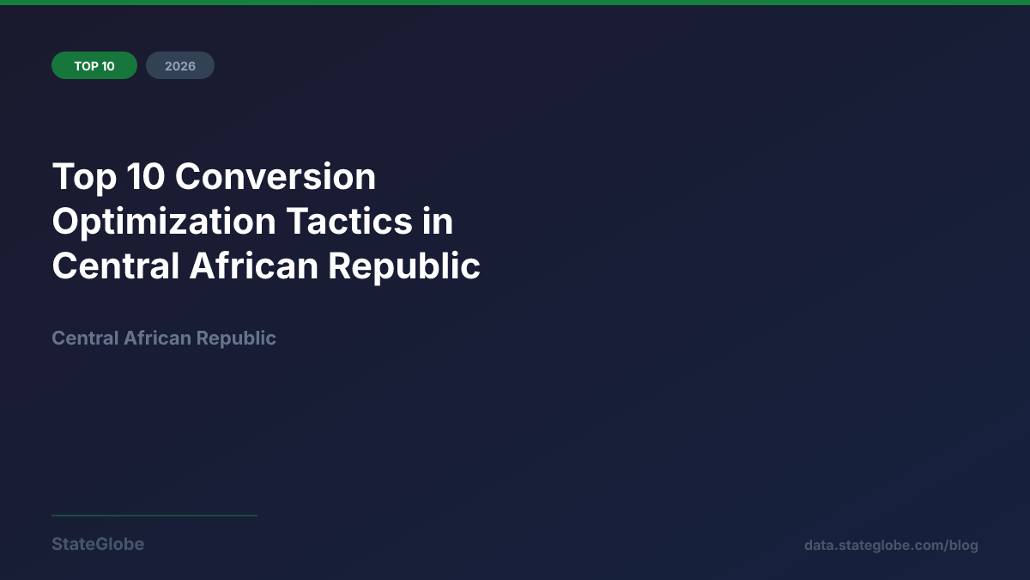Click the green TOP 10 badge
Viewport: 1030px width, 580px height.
point(94,66)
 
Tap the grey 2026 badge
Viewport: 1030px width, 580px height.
point(180,66)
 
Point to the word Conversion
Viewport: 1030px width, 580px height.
point(276,177)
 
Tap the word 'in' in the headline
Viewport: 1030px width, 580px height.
point(437,222)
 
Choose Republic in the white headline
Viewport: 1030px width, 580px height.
point(404,266)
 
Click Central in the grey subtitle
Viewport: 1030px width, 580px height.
point(85,339)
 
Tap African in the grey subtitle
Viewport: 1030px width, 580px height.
point(157,339)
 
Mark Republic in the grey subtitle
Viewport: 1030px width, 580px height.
point(236,339)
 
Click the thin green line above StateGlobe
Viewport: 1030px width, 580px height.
point(154,516)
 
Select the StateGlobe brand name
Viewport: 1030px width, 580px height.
point(98,545)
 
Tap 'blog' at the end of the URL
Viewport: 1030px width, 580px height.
point(963,546)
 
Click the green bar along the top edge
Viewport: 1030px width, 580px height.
point(515,3)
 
